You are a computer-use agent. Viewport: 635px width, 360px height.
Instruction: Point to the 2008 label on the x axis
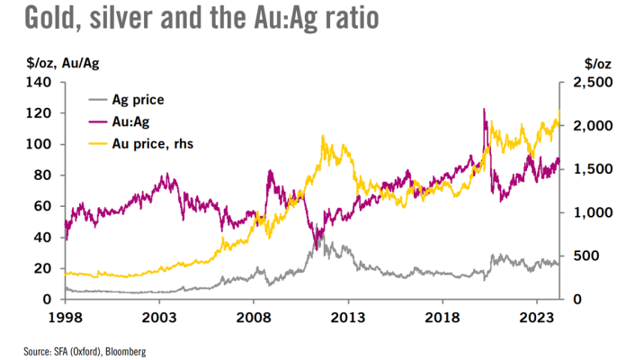253,317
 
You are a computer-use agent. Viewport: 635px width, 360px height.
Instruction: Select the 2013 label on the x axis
347,317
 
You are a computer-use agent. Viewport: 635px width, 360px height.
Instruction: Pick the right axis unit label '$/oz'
598,62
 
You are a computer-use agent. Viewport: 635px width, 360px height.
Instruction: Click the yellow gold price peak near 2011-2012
322,137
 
